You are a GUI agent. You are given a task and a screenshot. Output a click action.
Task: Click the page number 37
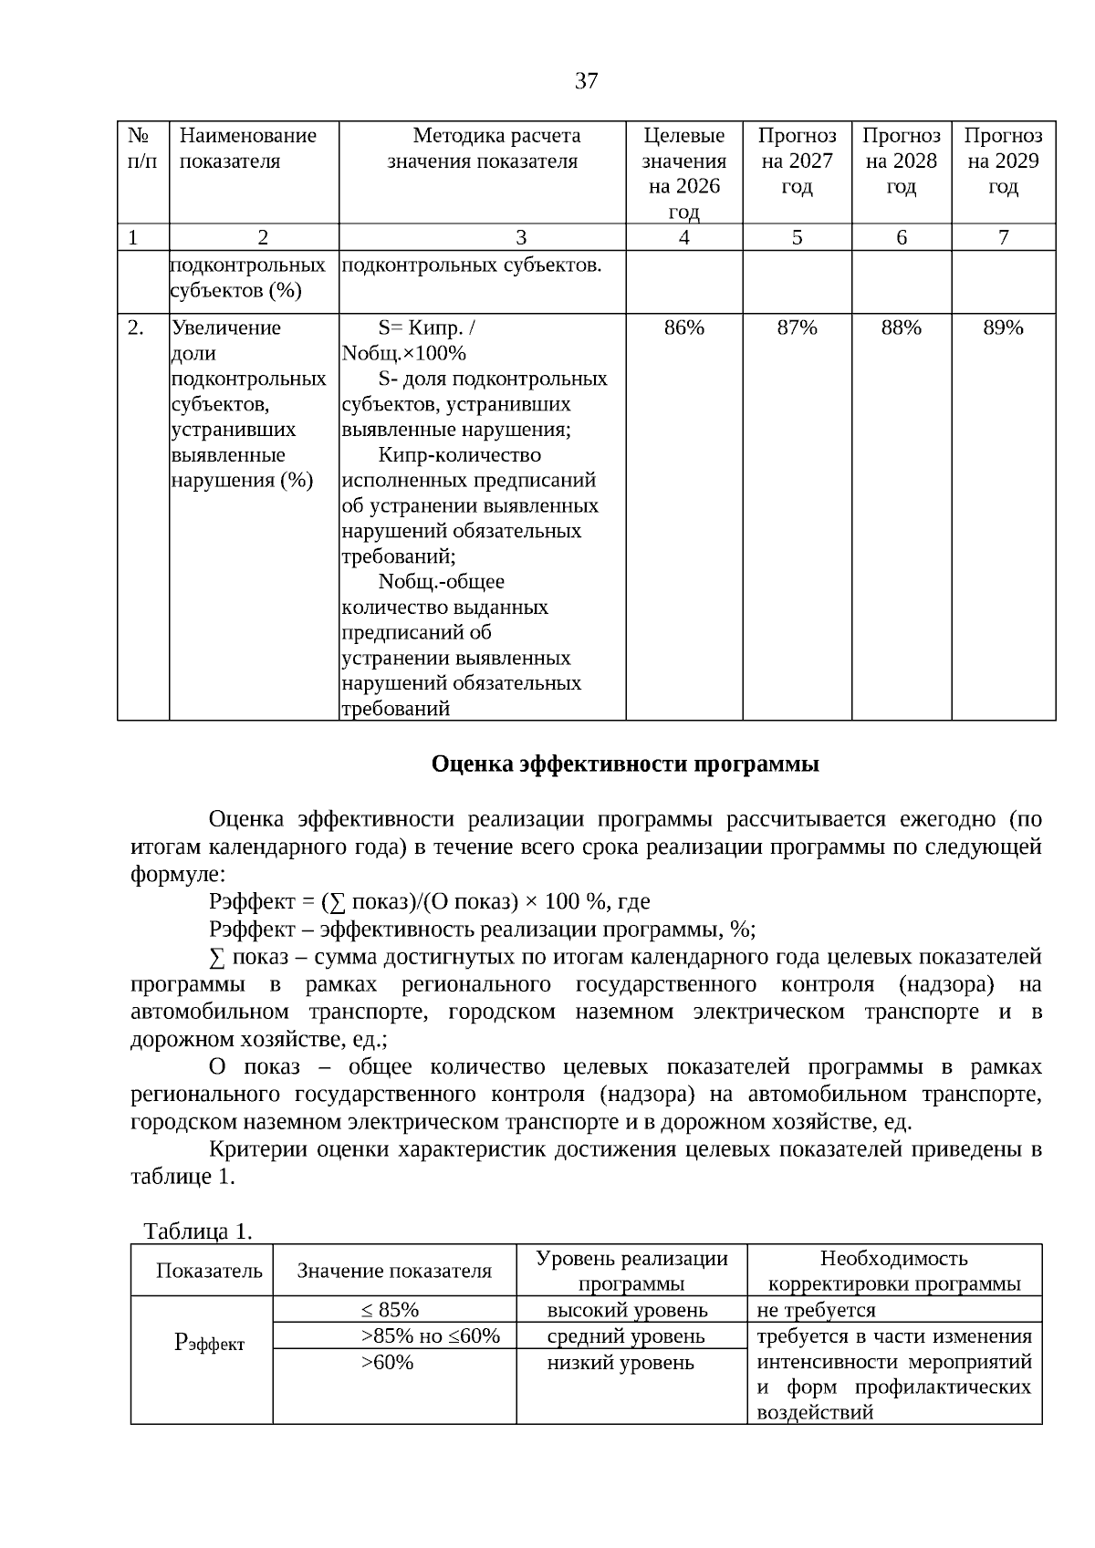587,81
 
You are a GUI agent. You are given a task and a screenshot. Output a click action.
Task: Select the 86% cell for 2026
683,328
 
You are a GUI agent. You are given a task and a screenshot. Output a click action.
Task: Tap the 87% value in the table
797,328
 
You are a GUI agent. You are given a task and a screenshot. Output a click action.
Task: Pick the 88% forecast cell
901,328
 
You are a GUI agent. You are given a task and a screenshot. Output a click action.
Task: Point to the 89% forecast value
1003,328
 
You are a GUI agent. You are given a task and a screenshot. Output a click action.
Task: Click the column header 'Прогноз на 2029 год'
1003,161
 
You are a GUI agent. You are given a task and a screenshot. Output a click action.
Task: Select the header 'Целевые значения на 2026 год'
683,173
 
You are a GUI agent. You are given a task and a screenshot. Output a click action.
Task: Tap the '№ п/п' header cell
142,149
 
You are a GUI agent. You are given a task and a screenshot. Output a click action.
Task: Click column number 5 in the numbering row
797,238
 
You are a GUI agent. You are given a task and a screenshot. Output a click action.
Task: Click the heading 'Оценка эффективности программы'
625,764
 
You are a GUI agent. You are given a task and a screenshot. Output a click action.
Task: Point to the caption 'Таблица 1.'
198,1231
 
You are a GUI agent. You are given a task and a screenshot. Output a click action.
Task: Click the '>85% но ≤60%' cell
430,1336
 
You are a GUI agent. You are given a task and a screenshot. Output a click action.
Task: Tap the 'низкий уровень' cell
620,1363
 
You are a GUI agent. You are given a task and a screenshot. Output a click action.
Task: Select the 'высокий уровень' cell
627,1310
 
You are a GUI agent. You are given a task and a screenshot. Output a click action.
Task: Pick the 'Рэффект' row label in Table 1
209,1343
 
